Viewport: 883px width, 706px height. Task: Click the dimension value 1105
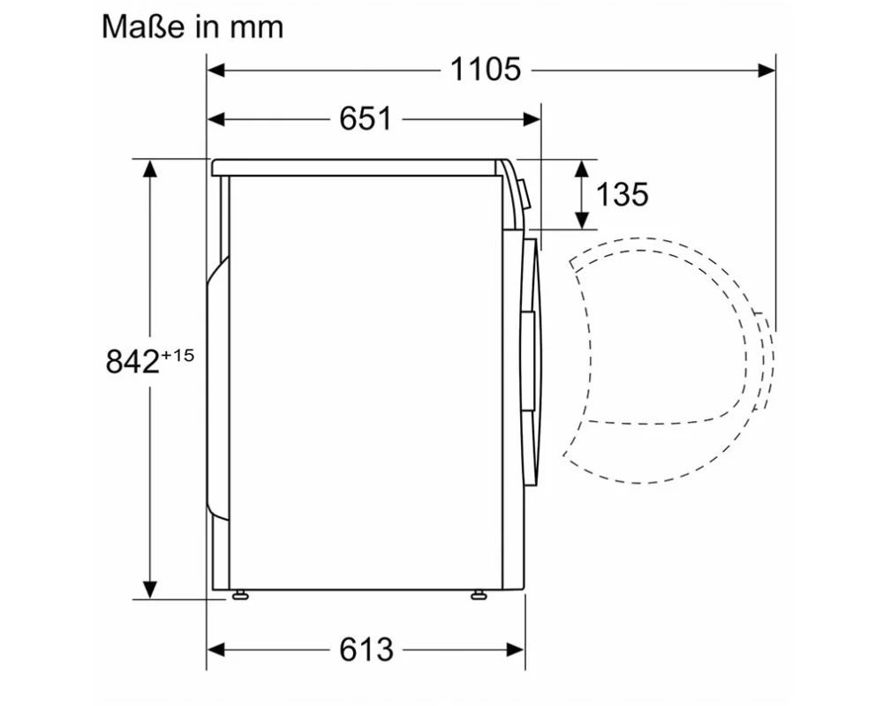pos(486,71)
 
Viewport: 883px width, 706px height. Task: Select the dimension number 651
pos(365,119)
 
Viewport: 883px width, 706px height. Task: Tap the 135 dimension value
pos(623,194)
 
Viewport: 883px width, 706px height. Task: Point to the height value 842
pos(132,362)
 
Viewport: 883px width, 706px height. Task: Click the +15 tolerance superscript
pos(177,356)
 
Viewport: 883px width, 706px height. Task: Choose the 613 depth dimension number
pos(366,650)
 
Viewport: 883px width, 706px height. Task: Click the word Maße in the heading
pos(144,26)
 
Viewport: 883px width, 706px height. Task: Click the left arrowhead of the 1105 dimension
pos(216,71)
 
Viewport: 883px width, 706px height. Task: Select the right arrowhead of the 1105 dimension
pos(766,71)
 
